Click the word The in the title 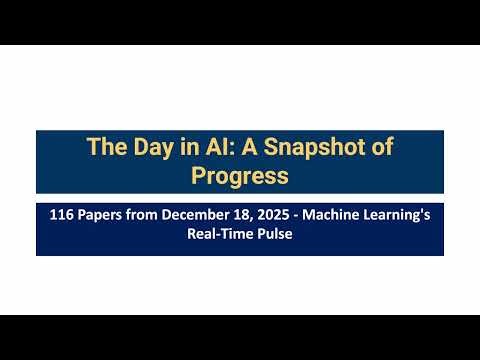pos(107,147)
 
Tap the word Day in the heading pos(155,147)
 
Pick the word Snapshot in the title pos(318,148)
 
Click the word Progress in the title pos(240,176)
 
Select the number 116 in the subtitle pos(63,215)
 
